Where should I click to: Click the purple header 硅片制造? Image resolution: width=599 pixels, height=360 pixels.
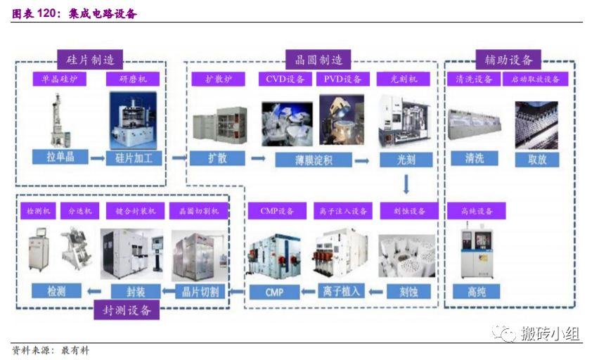pos(89,59)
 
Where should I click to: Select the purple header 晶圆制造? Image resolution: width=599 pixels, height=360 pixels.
pos(318,59)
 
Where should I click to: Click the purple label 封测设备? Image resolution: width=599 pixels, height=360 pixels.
pos(127,309)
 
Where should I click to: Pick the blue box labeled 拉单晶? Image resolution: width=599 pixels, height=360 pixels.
pos(60,157)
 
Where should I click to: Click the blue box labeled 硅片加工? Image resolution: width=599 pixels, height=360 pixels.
pos(134,157)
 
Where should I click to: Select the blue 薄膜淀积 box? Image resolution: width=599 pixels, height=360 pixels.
pos(303,160)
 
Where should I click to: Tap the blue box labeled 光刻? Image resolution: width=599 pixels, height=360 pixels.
pos(406,159)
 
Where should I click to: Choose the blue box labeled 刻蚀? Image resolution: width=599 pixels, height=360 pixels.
pos(406,290)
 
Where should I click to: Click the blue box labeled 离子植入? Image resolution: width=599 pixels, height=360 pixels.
pos(340,290)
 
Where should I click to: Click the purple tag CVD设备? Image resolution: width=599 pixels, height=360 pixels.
pos(285,79)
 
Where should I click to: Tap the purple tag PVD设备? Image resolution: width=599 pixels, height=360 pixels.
pos(342,79)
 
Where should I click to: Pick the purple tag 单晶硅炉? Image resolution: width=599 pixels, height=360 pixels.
pos(60,79)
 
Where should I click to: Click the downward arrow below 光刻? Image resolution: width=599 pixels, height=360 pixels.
pos(406,185)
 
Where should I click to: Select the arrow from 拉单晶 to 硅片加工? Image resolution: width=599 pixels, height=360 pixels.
pos(97,157)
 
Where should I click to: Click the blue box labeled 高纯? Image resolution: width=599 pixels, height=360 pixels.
pos(477,290)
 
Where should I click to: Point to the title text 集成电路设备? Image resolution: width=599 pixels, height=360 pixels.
pos(102,14)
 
